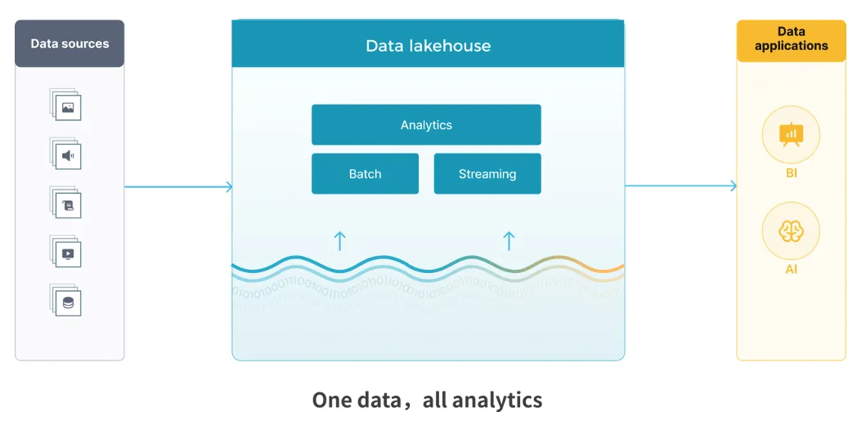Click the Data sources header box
(x=70, y=43)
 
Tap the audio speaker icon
(x=65, y=154)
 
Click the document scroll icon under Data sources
(x=65, y=202)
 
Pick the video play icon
(x=65, y=251)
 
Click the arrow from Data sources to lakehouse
(x=178, y=187)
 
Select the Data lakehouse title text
(x=428, y=45)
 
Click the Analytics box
(x=426, y=125)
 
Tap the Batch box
(x=365, y=174)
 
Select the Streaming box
(x=487, y=174)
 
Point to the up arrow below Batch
(x=340, y=241)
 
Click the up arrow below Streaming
(x=509, y=241)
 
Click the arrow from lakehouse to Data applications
(x=680, y=186)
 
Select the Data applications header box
(x=791, y=41)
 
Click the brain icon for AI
(x=791, y=231)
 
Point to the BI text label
(x=791, y=174)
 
